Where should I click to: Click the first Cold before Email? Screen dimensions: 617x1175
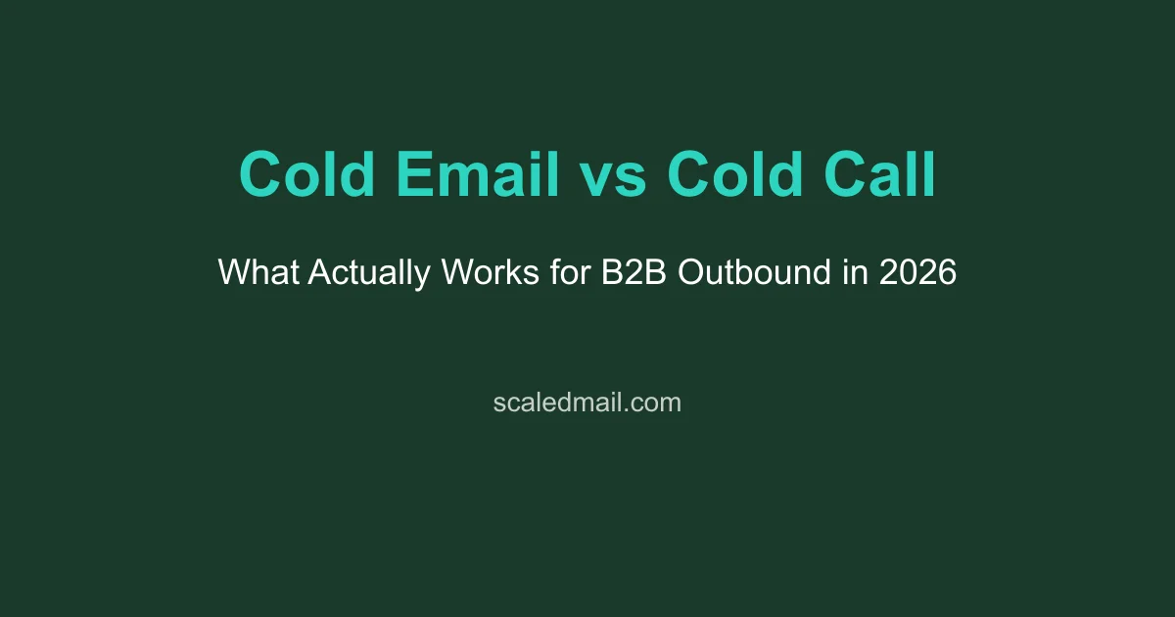(x=307, y=176)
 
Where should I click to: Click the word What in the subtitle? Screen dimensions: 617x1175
(x=258, y=271)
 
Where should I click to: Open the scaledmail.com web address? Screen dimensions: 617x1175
(x=587, y=402)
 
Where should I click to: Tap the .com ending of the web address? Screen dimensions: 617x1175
(x=653, y=402)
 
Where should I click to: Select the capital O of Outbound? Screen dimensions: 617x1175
(x=688, y=271)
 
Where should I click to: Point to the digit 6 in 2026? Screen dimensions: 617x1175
(x=947, y=271)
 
